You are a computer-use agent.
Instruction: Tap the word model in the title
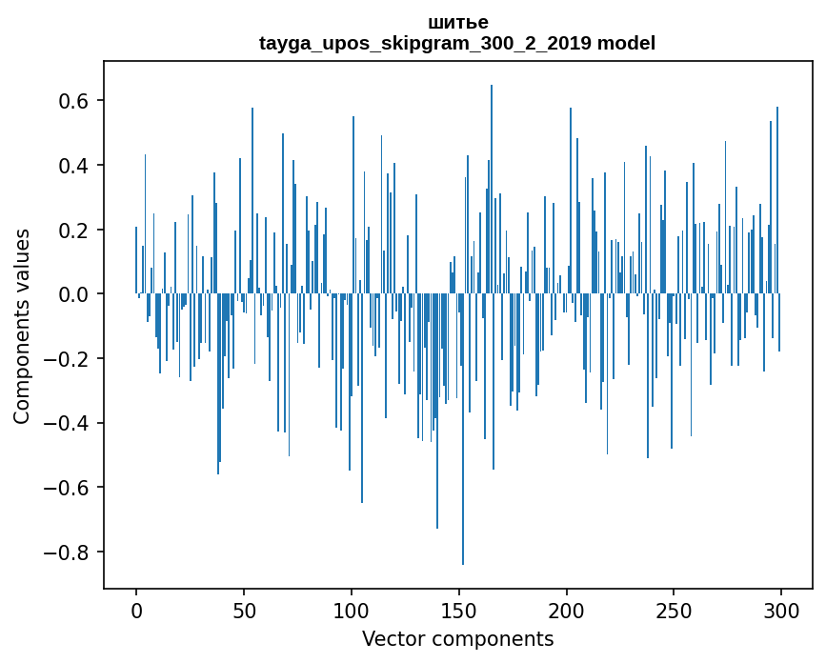tap(626, 43)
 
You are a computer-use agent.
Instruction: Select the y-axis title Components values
tap(22, 326)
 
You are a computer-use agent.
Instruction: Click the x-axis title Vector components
tap(457, 639)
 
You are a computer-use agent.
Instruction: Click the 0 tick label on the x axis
tap(136, 611)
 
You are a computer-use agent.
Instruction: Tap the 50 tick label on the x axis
tap(244, 611)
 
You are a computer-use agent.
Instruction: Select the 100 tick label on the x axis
tap(352, 611)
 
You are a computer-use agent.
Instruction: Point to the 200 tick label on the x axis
tap(567, 611)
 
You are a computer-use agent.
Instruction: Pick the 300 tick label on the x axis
tap(782, 611)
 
